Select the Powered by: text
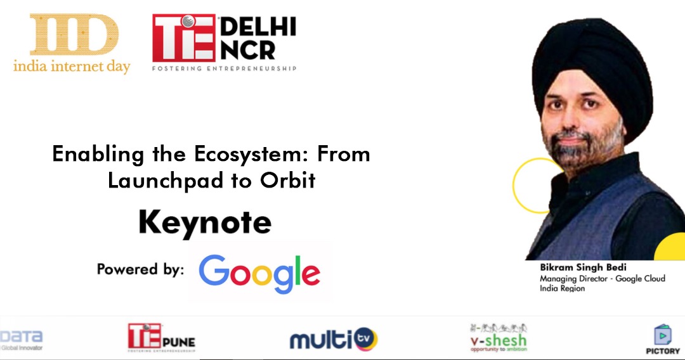pyautogui.click(x=140, y=269)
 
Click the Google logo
pyautogui.click(x=259, y=273)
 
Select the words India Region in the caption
pyautogui.click(x=562, y=288)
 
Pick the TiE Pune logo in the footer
pyautogui.click(x=161, y=337)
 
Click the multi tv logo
pyautogui.click(x=334, y=339)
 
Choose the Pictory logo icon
pyautogui.click(x=663, y=335)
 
